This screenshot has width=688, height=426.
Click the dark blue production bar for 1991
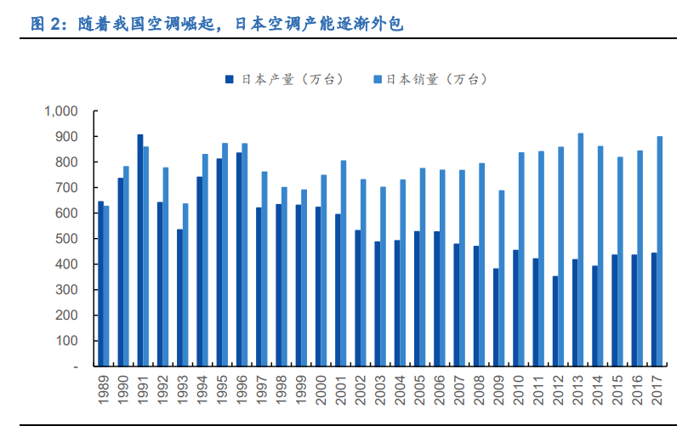(140, 250)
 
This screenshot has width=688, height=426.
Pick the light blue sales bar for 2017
(660, 251)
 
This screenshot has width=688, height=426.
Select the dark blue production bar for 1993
(179, 298)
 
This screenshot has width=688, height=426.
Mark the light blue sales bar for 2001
(344, 263)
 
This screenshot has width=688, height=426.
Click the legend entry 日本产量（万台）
(284, 79)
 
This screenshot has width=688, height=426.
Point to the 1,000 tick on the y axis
(60, 111)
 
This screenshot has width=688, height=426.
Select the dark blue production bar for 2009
(496, 317)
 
